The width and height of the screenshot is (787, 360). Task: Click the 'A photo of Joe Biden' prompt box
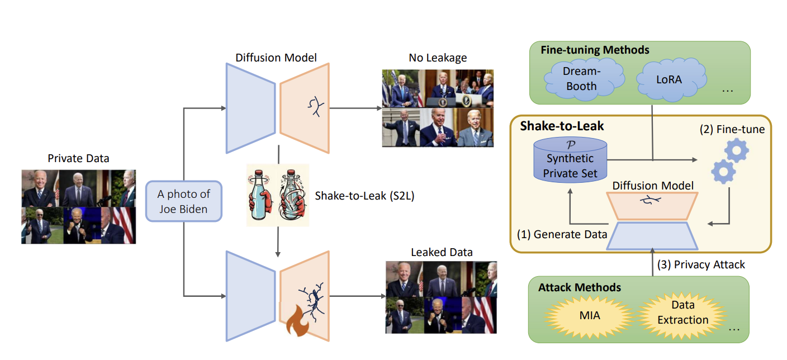184,201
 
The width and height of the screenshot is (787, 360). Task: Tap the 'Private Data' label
78,158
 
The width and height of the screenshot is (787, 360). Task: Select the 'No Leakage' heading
438,58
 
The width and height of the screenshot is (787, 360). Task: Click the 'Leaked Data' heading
442,252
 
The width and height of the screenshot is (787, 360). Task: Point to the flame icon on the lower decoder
297,321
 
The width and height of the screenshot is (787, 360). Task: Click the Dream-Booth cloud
583,79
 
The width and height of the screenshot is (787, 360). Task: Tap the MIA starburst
590,316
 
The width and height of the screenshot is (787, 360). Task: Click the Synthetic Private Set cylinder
570,160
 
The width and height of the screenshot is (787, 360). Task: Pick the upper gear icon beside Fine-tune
736,151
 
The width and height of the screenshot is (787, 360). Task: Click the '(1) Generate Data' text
562,234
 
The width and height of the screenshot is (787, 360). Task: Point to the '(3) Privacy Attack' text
701,264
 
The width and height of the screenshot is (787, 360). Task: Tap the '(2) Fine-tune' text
732,129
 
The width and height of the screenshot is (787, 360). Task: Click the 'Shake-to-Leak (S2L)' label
364,196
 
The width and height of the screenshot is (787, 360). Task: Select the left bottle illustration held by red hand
260,195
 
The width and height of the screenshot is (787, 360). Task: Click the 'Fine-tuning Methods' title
595,50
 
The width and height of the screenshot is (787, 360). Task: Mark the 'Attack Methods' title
580,287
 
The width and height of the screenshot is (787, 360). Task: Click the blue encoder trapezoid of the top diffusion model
250,108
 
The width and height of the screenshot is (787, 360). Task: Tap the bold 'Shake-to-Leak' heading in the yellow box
562,126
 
